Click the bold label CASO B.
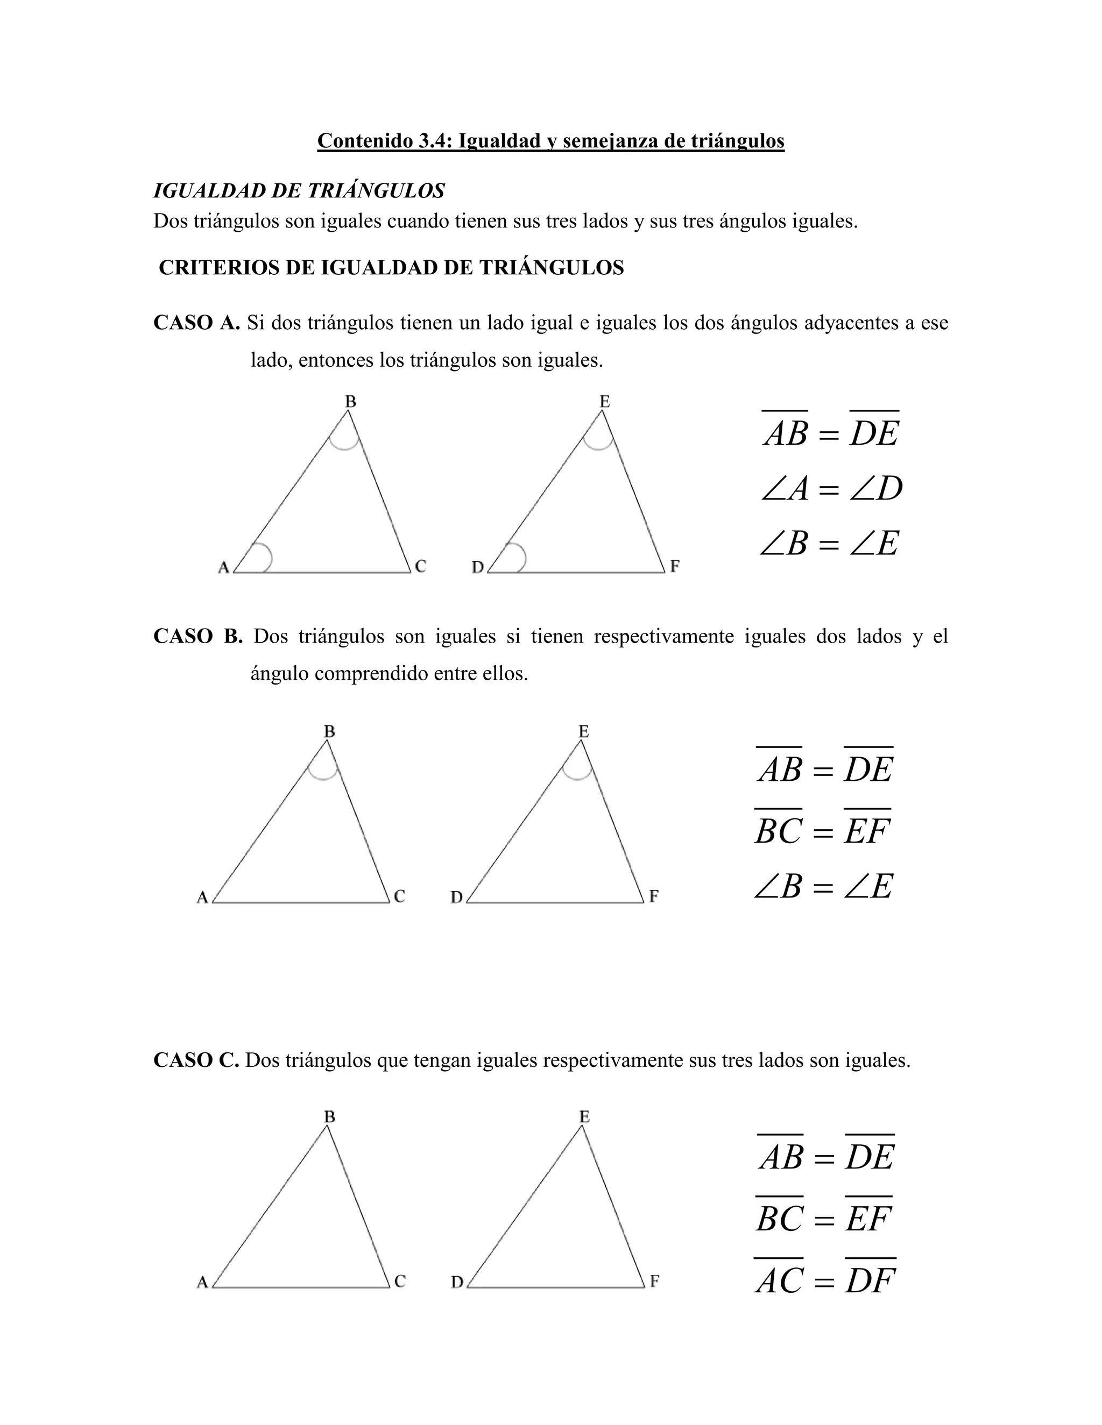pos(198,636)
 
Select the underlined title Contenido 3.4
pos(550,140)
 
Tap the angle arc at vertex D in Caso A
pos(520,558)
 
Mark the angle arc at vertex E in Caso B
pos(577,774)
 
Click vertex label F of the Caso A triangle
pos(674,566)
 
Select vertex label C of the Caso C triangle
pos(400,1281)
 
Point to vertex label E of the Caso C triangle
pos(584,1117)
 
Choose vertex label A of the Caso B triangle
pos(202,898)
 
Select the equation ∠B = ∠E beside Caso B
pos(823,887)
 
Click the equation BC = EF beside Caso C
pos(824,1218)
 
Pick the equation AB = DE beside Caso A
pos(831,432)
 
